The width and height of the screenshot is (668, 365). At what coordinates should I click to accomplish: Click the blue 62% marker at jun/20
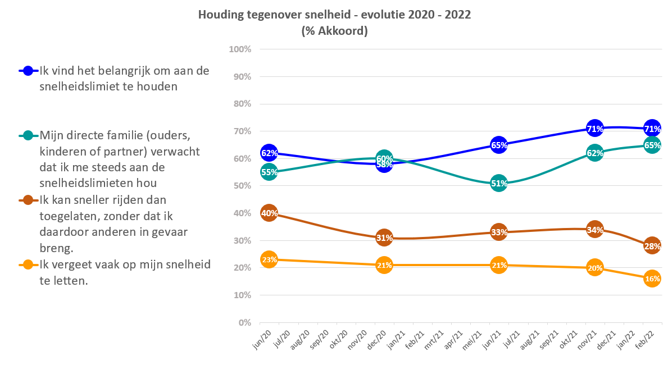(x=269, y=153)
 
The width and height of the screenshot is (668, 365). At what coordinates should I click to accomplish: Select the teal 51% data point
(x=499, y=182)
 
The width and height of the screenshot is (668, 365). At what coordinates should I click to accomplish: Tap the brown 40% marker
(x=269, y=213)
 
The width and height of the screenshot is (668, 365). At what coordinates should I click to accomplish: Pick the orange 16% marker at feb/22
(x=652, y=279)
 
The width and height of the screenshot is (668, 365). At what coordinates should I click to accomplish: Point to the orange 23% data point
(x=269, y=259)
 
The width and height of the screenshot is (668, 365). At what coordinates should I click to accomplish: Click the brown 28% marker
(x=652, y=246)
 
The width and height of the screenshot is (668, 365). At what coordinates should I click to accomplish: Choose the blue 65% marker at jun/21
(x=499, y=145)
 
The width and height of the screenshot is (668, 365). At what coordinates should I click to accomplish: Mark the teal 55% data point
(x=269, y=172)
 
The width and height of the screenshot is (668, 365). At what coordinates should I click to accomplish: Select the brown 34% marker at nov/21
(x=595, y=229)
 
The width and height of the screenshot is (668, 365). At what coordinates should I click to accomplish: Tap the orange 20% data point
(x=595, y=268)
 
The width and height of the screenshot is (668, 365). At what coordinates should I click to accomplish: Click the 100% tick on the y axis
(x=240, y=49)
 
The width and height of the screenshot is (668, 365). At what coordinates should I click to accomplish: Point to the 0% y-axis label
(x=244, y=323)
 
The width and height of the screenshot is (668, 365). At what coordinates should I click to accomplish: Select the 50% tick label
(x=242, y=186)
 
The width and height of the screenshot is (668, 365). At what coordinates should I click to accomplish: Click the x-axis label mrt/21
(x=434, y=340)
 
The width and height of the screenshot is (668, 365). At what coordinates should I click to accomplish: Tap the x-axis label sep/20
(x=319, y=340)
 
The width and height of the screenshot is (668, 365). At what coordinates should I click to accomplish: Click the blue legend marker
(x=29, y=71)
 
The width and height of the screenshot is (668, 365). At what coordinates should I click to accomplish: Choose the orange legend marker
(x=29, y=264)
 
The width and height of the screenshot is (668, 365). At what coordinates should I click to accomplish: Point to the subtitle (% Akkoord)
(x=334, y=31)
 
